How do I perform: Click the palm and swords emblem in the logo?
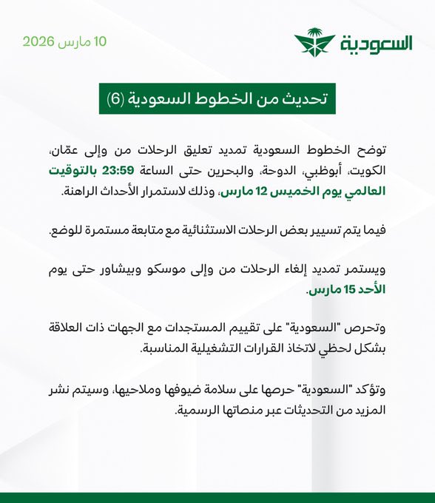click(x=314, y=43)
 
